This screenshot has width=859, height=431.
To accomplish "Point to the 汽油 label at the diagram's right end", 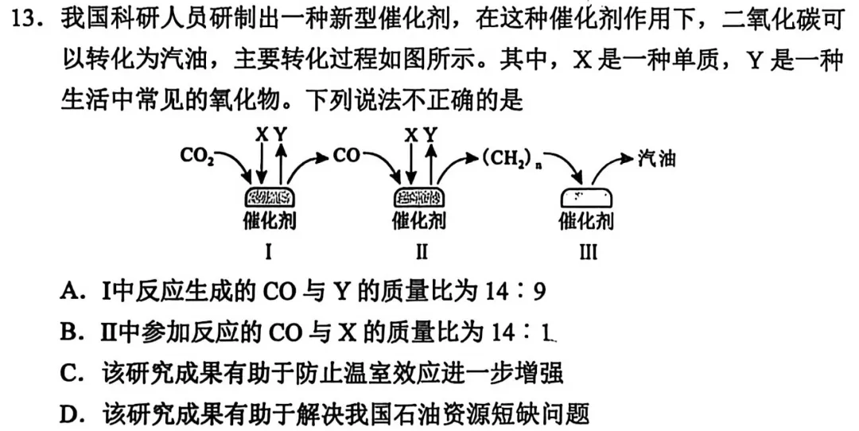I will [657, 158].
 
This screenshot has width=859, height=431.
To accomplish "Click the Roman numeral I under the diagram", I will [269, 253].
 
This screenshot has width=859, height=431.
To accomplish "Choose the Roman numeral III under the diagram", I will [587, 253].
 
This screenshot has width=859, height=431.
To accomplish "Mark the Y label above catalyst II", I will [430, 134].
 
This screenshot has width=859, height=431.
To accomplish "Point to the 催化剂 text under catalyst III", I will [586, 220].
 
